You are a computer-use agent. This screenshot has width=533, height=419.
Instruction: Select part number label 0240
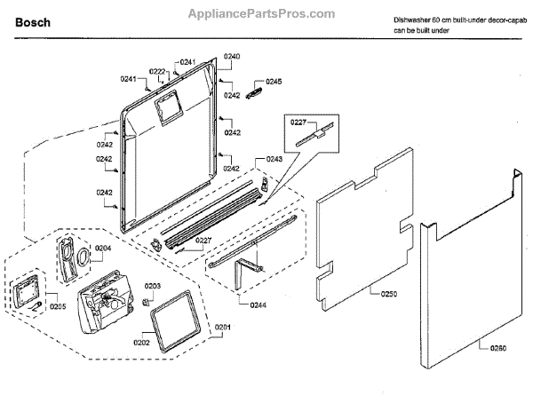click(x=231, y=56)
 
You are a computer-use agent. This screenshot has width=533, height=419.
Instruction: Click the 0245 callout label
click(x=274, y=82)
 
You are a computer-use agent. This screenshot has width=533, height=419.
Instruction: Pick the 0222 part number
click(x=157, y=71)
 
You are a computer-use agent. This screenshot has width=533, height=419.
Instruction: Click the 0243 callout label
click(x=274, y=159)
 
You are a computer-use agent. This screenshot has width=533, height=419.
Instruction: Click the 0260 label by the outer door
click(x=497, y=347)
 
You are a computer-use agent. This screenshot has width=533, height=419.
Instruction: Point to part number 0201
click(x=223, y=328)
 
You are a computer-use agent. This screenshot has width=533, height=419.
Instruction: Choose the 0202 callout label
click(x=140, y=342)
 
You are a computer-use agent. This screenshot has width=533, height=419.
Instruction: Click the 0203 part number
click(x=153, y=286)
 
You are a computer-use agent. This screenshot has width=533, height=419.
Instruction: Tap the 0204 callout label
click(x=104, y=248)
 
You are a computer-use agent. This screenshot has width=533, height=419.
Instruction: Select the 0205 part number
click(x=58, y=306)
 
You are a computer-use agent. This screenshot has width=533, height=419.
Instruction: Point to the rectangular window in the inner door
click(x=164, y=109)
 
